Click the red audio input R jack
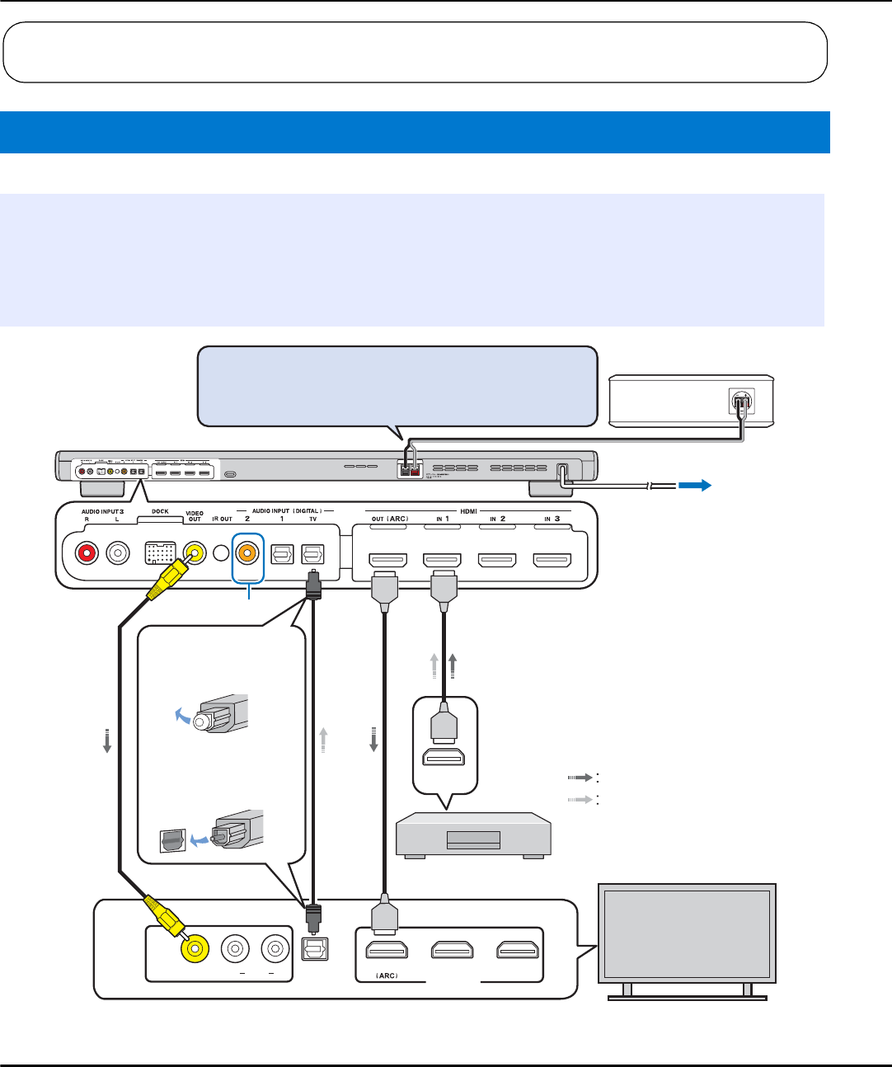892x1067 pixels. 87,552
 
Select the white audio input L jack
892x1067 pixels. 119,552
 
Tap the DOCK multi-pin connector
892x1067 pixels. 160,552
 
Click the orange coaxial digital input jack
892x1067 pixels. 246,552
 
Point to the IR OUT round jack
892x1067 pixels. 220,552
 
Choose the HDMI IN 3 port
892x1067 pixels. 552,560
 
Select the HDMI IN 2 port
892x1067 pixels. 497,560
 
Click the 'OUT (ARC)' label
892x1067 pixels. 389,519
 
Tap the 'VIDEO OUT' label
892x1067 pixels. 195,516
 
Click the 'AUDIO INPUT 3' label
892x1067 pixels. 102,511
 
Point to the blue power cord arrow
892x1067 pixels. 694,486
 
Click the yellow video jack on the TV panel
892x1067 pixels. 195,950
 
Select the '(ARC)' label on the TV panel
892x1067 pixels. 387,975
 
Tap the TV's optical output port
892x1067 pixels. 314,950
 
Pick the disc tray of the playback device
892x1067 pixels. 473,839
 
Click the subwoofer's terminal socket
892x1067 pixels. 742,402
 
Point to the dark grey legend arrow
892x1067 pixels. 580,778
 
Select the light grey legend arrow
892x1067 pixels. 580,799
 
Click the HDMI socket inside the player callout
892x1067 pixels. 444,757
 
